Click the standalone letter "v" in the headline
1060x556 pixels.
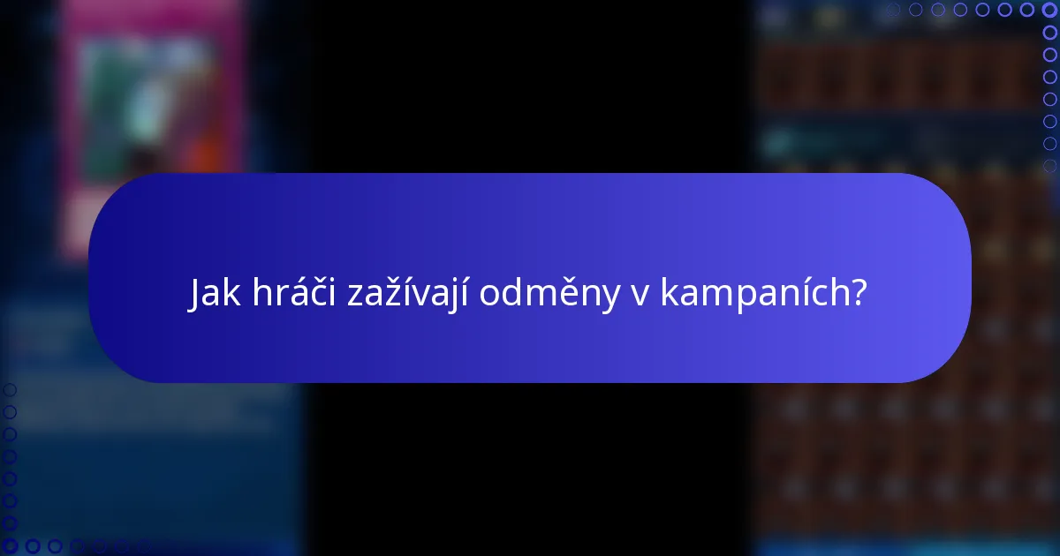[x=640, y=297]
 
